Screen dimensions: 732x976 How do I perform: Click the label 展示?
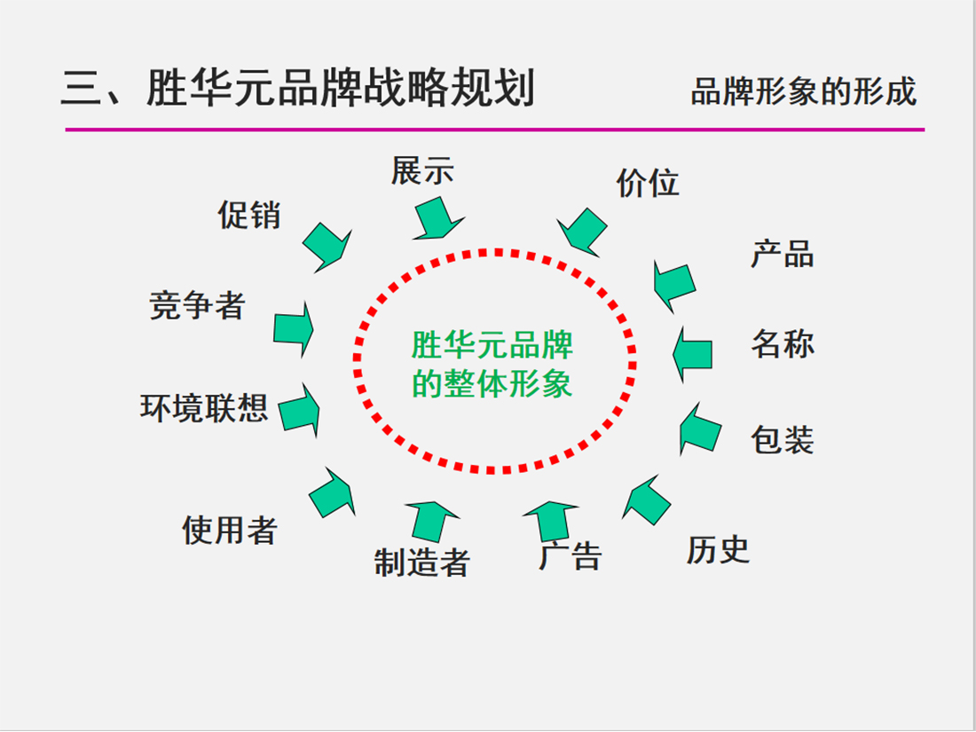click(422, 170)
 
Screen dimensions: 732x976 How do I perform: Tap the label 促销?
click(249, 215)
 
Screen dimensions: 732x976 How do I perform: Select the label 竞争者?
click(197, 306)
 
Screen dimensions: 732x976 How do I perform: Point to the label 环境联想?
click(204, 407)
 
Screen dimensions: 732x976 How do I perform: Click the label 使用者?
click(230, 530)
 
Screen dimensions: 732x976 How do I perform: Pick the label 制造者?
click(421, 562)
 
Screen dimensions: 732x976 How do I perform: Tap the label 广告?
click(571, 555)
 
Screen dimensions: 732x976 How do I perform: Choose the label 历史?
click(718, 550)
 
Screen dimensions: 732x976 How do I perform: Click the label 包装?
click(783, 440)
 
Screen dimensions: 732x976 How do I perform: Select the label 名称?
click(783, 343)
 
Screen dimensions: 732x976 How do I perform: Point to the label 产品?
click(783, 255)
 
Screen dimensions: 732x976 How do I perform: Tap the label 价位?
click(648, 183)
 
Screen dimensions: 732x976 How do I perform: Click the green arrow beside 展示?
click(437, 217)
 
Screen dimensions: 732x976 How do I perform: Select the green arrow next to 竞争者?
click(293, 329)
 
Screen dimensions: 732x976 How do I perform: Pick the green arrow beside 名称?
click(693, 354)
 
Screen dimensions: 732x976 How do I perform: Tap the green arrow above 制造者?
click(432, 521)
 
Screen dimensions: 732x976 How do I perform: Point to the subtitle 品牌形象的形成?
click(803, 92)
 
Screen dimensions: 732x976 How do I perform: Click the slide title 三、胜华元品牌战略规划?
click(298, 91)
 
